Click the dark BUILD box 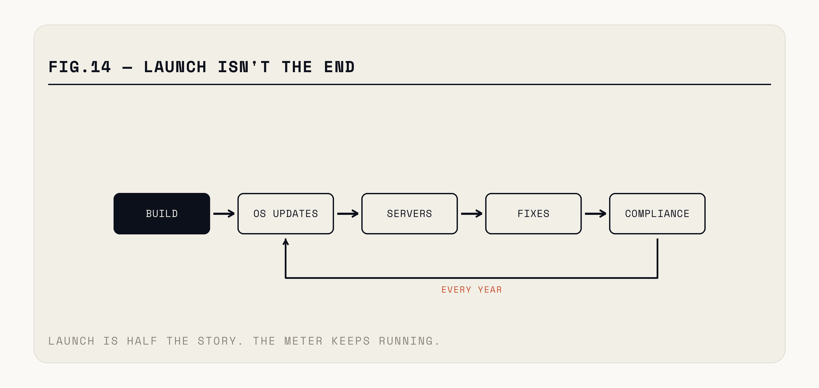[162, 214]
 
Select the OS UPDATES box [286, 214]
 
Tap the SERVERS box [409, 214]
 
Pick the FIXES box [533, 214]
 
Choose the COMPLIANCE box [657, 214]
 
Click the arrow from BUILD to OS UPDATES [224, 214]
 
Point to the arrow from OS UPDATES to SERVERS [348, 214]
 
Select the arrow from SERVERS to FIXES [471, 214]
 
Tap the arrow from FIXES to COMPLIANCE [595, 214]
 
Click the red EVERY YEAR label [471, 290]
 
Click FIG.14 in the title [80, 67]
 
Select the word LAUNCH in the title [175, 67]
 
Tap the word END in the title [339, 67]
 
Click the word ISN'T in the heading [244, 67]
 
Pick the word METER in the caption [303, 341]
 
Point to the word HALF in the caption [142, 341]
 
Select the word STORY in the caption [217, 341]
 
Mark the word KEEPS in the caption [351, 341]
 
